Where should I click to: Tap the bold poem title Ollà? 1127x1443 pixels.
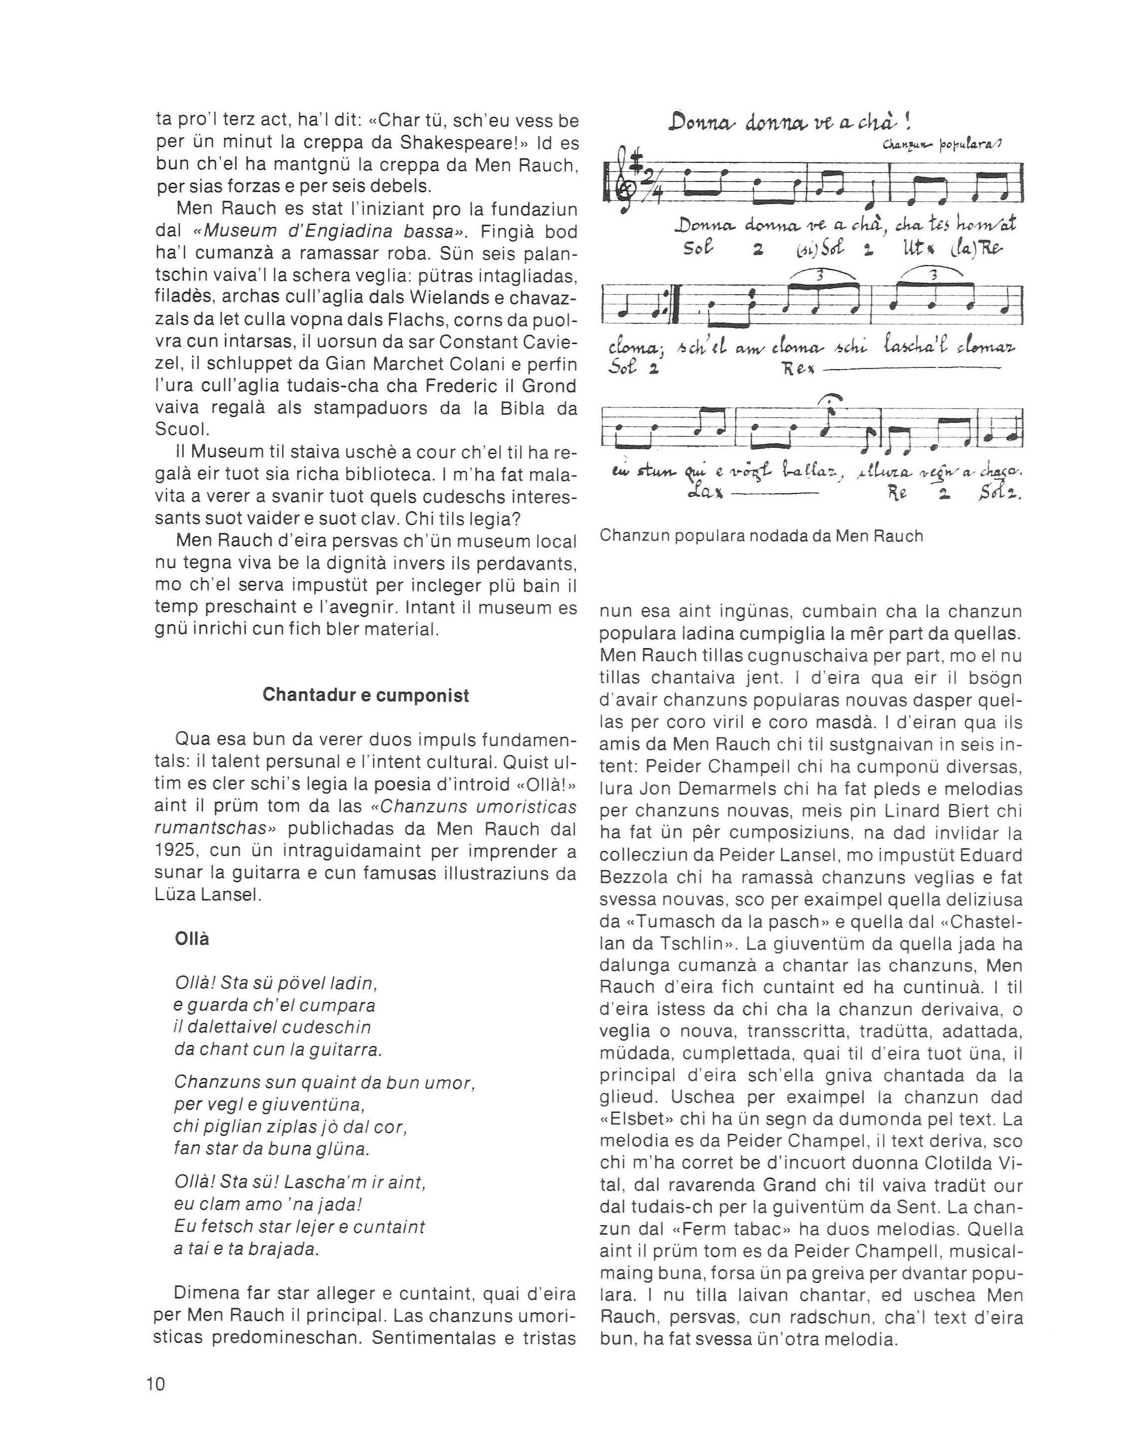[192, 938]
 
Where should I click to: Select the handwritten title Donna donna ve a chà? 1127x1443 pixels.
[790, 121]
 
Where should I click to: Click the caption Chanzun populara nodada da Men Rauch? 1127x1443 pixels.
[761, 536]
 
